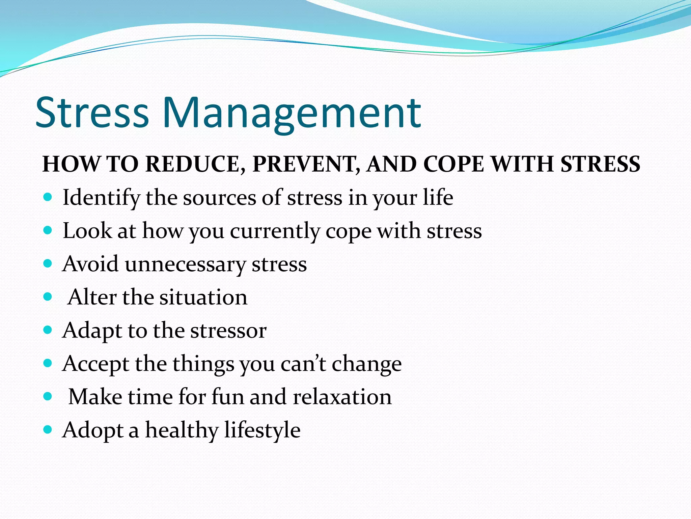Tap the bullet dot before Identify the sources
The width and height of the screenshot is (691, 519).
[48, 197]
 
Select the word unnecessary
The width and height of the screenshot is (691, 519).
[185, 265]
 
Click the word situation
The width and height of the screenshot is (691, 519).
[203, 297]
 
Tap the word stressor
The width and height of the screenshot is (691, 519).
[228, 331]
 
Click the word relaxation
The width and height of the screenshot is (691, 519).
[342, 397]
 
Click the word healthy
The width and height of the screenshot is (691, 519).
[182, 431]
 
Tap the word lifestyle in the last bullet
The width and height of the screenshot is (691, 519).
[262, 431]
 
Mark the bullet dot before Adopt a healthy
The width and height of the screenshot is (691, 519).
[48, 430]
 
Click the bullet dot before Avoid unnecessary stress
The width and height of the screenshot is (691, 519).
[48, 264]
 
